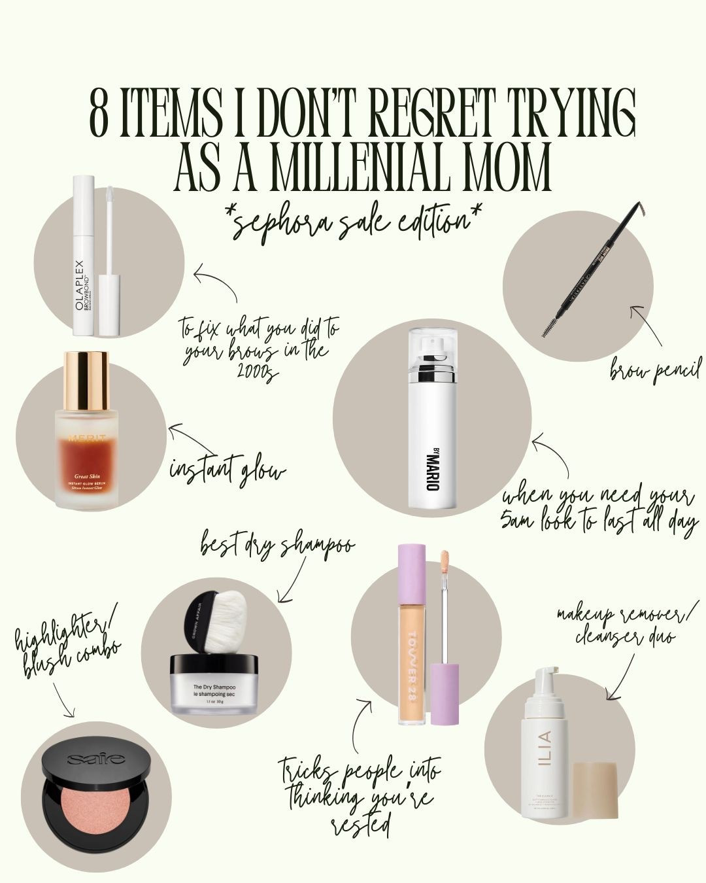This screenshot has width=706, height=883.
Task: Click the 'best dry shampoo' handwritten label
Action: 277,545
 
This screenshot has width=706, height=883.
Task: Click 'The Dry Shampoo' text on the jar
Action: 214,687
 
